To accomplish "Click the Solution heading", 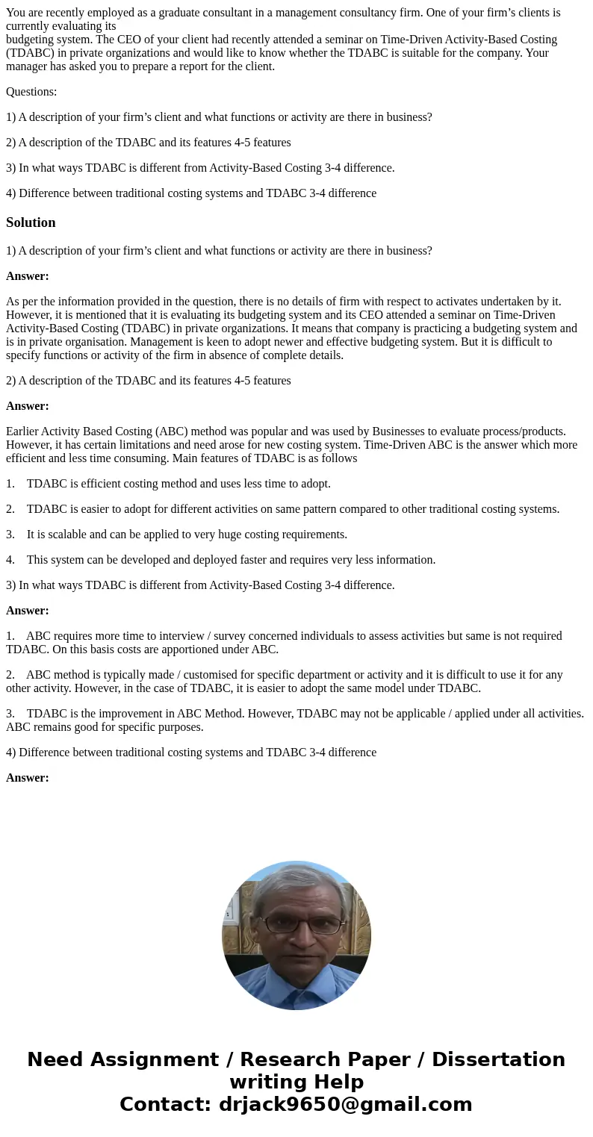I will (x=31, y=222).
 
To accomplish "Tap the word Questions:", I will (x=31, y=92).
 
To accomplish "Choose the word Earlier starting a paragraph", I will (x=24, y=431).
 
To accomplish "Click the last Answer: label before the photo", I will (x=28, y=777).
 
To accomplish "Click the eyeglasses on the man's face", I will (x=296, y=923).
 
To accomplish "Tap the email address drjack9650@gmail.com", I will (x=345, y=1104).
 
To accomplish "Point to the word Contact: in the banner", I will (x=165, y=1104).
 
